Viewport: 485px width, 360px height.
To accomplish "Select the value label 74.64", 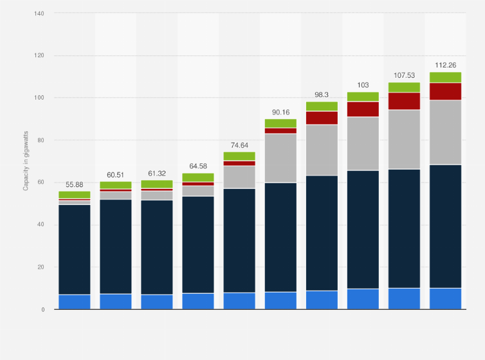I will [239, 144].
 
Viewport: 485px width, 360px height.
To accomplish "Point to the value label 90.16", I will [280, 111].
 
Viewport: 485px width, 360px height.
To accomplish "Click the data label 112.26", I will [445, 64].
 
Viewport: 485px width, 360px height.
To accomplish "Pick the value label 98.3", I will [322, 94].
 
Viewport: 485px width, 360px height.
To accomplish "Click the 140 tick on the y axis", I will [39, 13].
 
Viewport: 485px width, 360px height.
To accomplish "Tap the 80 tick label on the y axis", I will [41, 140].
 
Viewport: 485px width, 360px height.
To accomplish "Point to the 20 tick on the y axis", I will [41, 267].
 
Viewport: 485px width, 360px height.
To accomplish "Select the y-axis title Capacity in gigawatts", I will [26, 161].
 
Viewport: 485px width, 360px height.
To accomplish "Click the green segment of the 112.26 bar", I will [445, 77].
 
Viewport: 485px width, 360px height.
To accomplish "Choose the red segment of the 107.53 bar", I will [404, 101].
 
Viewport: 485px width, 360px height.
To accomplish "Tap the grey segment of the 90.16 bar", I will [280, 158].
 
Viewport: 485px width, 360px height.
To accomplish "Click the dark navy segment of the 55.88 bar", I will [75, 249].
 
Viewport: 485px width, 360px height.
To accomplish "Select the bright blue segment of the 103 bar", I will [363, 299].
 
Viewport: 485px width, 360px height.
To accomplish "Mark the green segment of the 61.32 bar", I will [157, 184].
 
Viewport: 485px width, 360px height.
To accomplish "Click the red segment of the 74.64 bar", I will [239, 163].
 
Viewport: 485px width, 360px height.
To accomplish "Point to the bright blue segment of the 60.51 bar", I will [116, 301].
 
